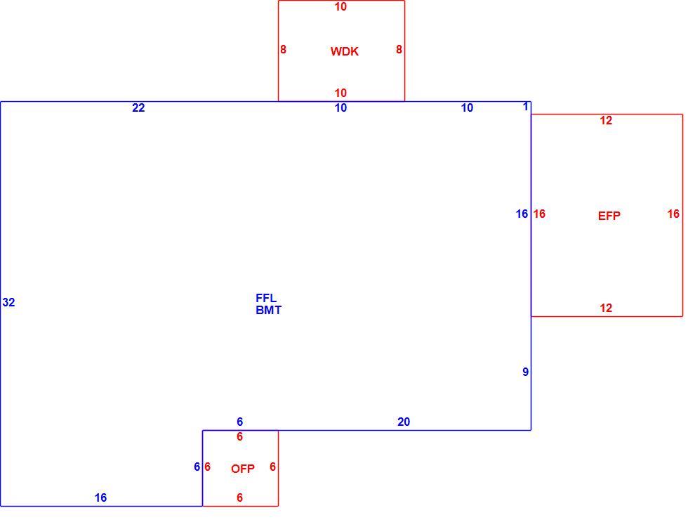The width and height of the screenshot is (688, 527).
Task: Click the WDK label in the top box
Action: point(345,51)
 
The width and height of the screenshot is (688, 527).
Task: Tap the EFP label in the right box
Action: point(609,216)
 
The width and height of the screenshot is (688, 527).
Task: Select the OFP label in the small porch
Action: point(243,469)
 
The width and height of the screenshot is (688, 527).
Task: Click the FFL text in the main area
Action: point(266,298)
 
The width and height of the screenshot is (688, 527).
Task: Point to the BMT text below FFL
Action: point(268,310)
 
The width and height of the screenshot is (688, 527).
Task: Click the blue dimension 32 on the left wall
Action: point(8,302)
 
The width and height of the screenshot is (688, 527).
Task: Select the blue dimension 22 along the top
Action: point(138,108)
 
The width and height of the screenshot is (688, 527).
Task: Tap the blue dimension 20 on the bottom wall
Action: point(404,422)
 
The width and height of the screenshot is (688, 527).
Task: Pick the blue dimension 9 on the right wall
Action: point(525,372)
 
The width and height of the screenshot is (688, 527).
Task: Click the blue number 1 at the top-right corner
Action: point(526,106)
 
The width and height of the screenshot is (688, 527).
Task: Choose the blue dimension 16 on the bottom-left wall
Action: point(100,497)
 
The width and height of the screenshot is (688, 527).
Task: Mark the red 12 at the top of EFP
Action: point(606,120)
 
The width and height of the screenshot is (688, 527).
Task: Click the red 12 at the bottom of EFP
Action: point(606,308)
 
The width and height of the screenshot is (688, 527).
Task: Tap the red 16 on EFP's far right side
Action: point(673,214)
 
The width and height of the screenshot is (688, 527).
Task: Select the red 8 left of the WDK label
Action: point(283,50)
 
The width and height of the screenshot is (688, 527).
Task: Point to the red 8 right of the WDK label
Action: point(399,50)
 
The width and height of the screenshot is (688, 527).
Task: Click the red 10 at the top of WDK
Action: point(340,6)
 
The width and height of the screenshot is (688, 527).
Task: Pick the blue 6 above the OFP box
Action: point(239,422)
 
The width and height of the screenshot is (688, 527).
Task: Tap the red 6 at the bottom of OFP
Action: point(239,497)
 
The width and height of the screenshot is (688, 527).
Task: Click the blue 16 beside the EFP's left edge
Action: point(522,214)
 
